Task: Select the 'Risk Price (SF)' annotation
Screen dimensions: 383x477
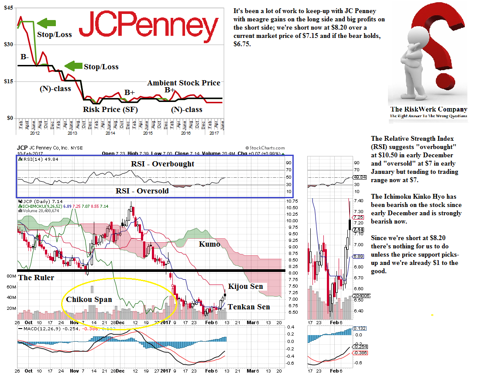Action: (110, 110)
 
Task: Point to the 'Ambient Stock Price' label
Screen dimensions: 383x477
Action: (184, 83)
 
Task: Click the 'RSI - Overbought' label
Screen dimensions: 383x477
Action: (163, 164)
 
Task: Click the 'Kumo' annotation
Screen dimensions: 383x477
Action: (209, 244)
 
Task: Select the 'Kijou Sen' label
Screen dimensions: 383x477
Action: (246, 286)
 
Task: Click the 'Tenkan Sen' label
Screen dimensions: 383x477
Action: (249, 307)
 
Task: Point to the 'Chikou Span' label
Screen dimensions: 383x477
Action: (89, 299)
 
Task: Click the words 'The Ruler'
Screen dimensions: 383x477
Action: (36, 278)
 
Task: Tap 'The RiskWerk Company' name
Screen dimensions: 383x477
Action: (429, 109)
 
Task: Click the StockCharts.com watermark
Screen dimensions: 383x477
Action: (265, 148)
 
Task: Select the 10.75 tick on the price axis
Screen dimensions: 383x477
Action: (293, 201)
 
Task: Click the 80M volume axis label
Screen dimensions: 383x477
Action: (12, 276)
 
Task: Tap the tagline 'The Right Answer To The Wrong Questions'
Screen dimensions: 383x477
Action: (429, 116)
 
